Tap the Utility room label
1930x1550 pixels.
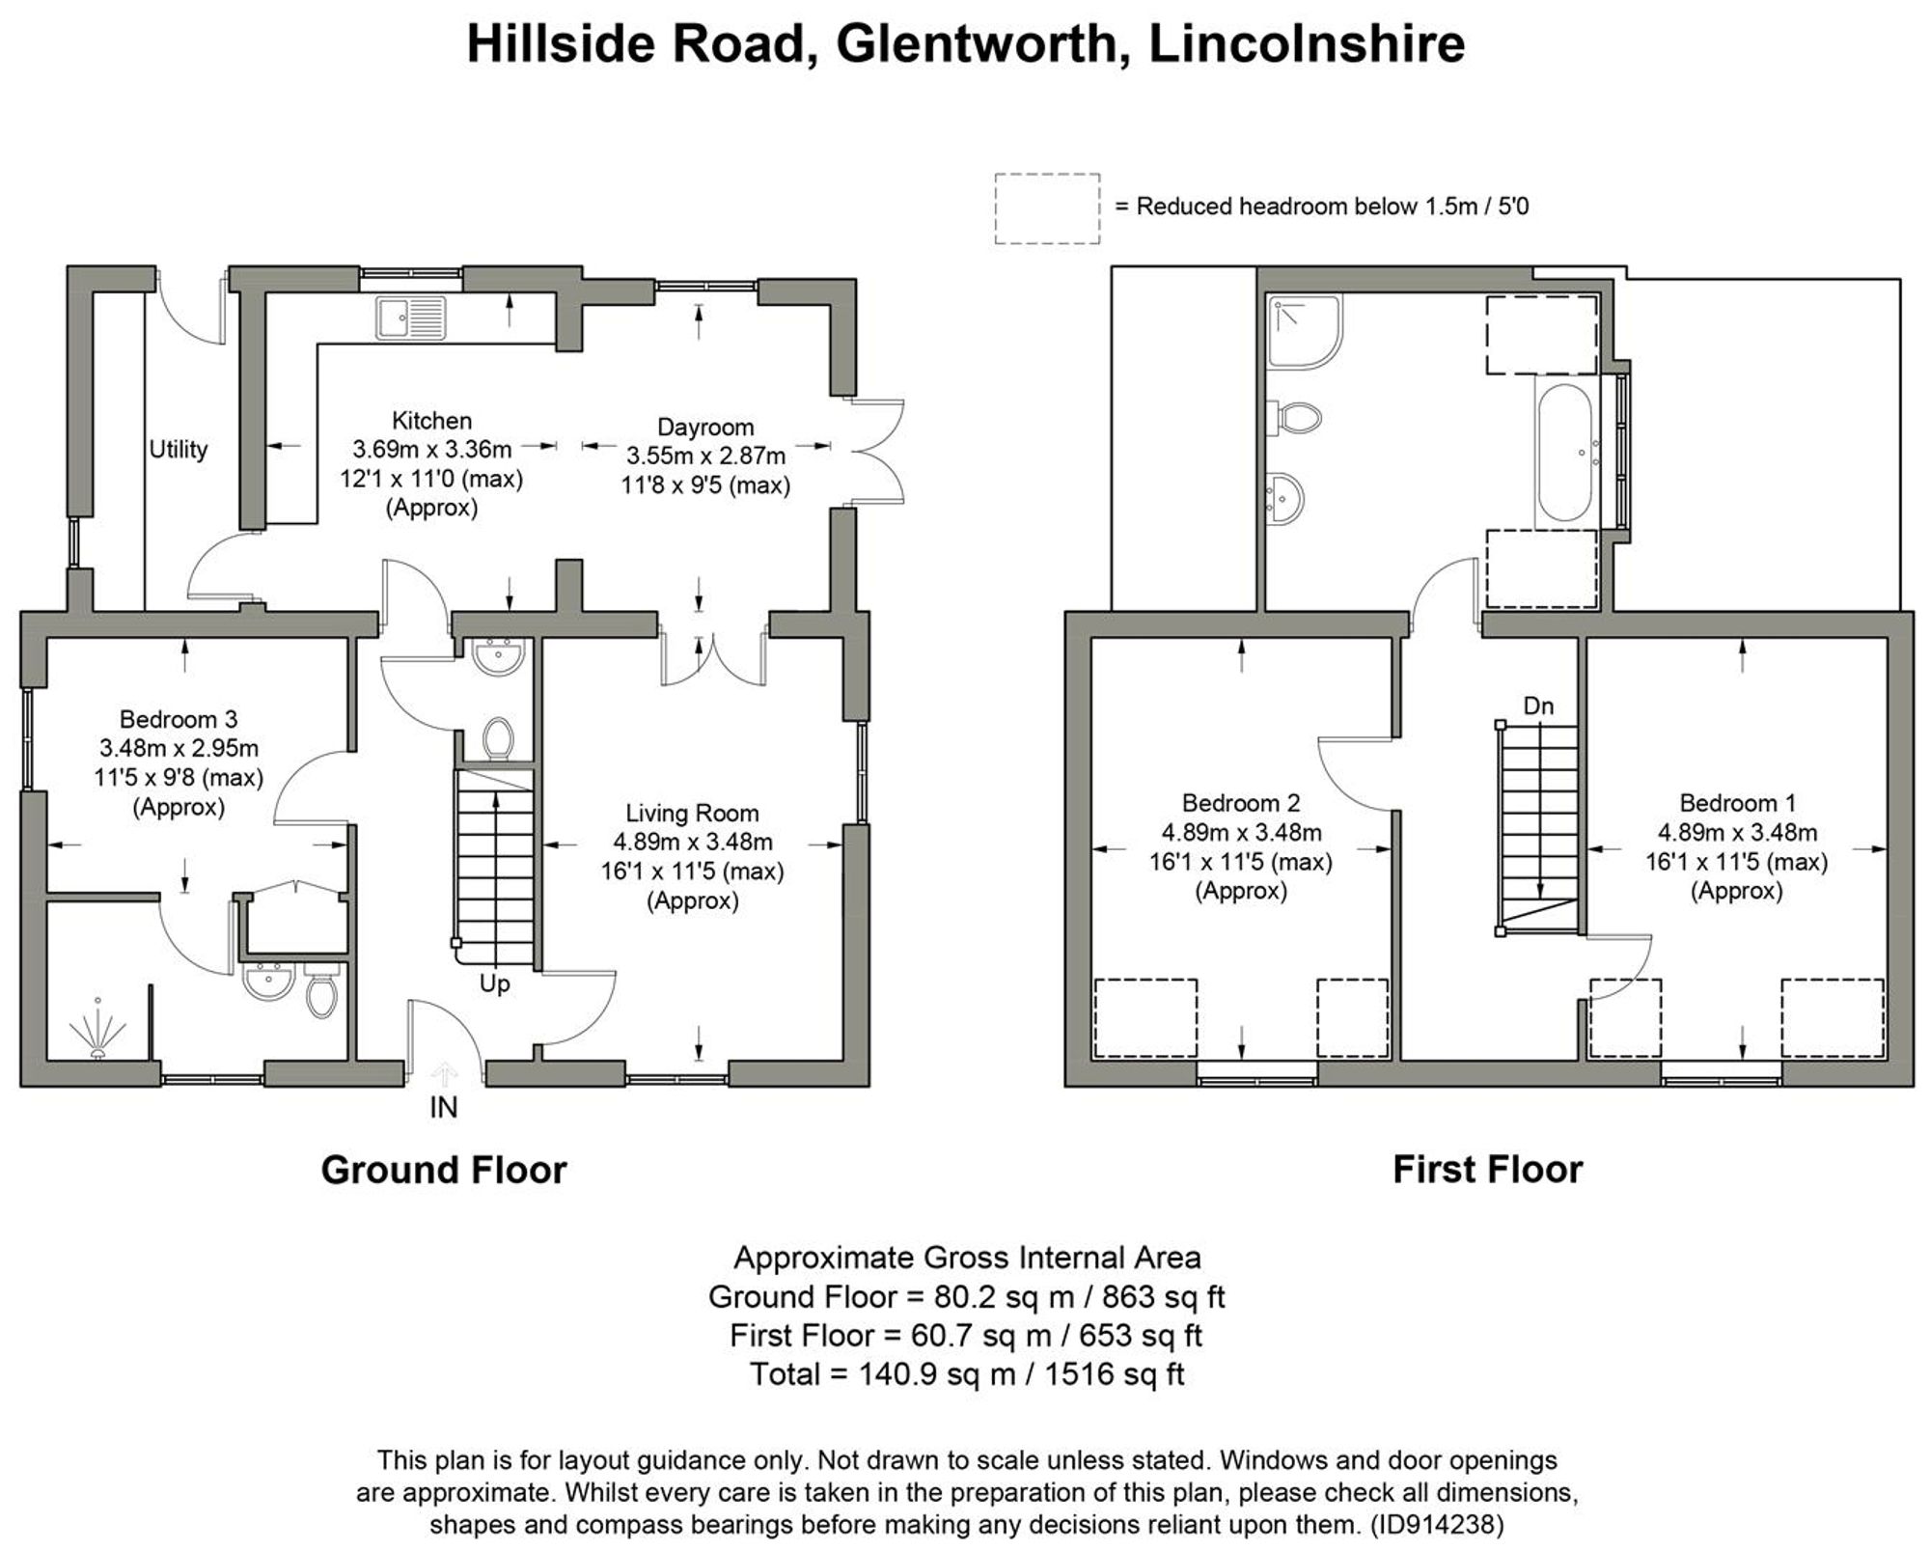[x=178, y=449]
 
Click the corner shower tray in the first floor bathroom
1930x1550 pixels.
[x=1304, y=331]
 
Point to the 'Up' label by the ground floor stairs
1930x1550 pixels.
[x=494, y=984]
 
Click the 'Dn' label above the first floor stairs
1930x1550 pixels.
[x=1538, y=706]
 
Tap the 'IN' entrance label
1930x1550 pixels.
[x=443, y=1107]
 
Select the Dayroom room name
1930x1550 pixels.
[x=704, y=427]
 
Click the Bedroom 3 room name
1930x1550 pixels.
[x=178, y=719]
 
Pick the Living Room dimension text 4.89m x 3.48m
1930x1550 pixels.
[x=692, y=843]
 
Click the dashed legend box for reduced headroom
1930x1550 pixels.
[x=1047, y=208]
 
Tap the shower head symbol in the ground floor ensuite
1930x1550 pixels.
[x=97, y=1031]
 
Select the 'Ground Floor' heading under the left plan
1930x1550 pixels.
[x=443, y=1170]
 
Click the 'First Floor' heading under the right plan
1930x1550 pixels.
[x=1487, y=1170]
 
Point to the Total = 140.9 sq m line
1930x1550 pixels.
[x=966, y=1373]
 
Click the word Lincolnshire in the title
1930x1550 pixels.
[x=1307, y=44]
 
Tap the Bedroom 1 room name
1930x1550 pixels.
[x=1737, y=803]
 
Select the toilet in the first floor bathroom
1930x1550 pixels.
[x=1298, y=418]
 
